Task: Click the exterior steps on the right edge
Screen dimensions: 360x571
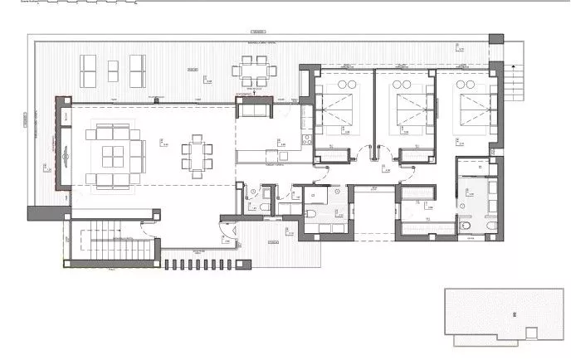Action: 517,80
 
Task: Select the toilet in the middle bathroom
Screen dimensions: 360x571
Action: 310,214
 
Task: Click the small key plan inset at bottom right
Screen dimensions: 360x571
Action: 504,315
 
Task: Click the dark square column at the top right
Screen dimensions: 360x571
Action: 495,39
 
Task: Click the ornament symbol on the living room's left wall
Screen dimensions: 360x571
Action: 62,150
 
